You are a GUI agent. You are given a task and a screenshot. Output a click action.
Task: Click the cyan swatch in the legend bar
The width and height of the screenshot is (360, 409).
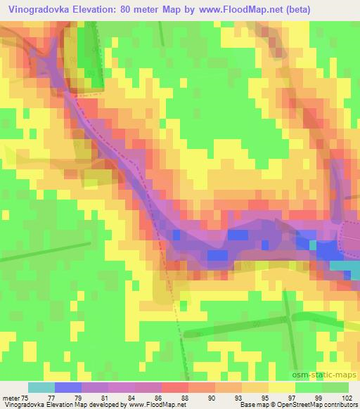tap(41, 387)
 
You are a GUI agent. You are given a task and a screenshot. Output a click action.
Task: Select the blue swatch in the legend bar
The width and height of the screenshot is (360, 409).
tap(68, 387)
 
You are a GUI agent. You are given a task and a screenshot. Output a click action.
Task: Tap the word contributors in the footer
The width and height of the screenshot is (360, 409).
tap(341, 405)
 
